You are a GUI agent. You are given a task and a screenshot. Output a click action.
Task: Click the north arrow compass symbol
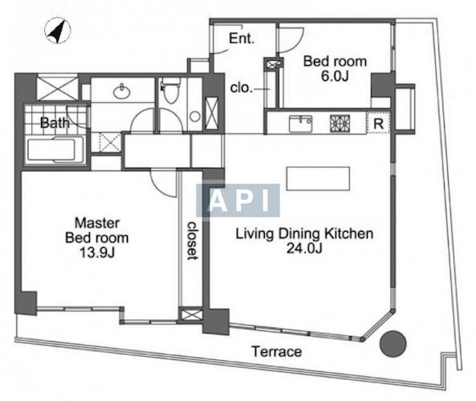point(57,30)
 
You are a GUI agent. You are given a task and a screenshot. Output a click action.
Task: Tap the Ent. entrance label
point(242,38)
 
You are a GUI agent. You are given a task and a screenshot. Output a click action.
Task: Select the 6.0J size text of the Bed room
point(335,76)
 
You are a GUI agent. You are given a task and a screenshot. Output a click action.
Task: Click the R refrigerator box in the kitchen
point(378,123)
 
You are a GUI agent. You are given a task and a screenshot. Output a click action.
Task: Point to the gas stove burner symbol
point(340,124)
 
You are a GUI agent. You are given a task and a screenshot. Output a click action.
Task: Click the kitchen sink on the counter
point(300,124)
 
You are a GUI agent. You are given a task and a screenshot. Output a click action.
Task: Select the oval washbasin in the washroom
point(122,91)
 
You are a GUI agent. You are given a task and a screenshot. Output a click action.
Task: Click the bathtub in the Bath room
point(55,149)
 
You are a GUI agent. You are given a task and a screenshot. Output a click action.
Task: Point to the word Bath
point(55,123)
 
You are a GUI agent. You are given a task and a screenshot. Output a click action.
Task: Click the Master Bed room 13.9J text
point(97,237)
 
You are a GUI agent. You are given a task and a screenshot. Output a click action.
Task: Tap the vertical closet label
point(193,241)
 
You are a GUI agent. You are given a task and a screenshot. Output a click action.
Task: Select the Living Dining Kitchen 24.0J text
point(304,241)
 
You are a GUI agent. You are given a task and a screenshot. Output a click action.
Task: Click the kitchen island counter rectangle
point(318,179)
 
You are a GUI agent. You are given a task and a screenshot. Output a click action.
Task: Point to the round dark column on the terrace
point(393,343)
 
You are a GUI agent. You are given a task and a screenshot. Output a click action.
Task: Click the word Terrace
point(277,351)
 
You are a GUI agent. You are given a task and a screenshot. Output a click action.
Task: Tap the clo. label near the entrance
point(242,88)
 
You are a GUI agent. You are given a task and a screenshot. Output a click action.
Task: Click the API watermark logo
point(238,200)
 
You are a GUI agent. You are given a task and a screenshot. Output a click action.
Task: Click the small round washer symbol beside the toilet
point(195,116)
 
